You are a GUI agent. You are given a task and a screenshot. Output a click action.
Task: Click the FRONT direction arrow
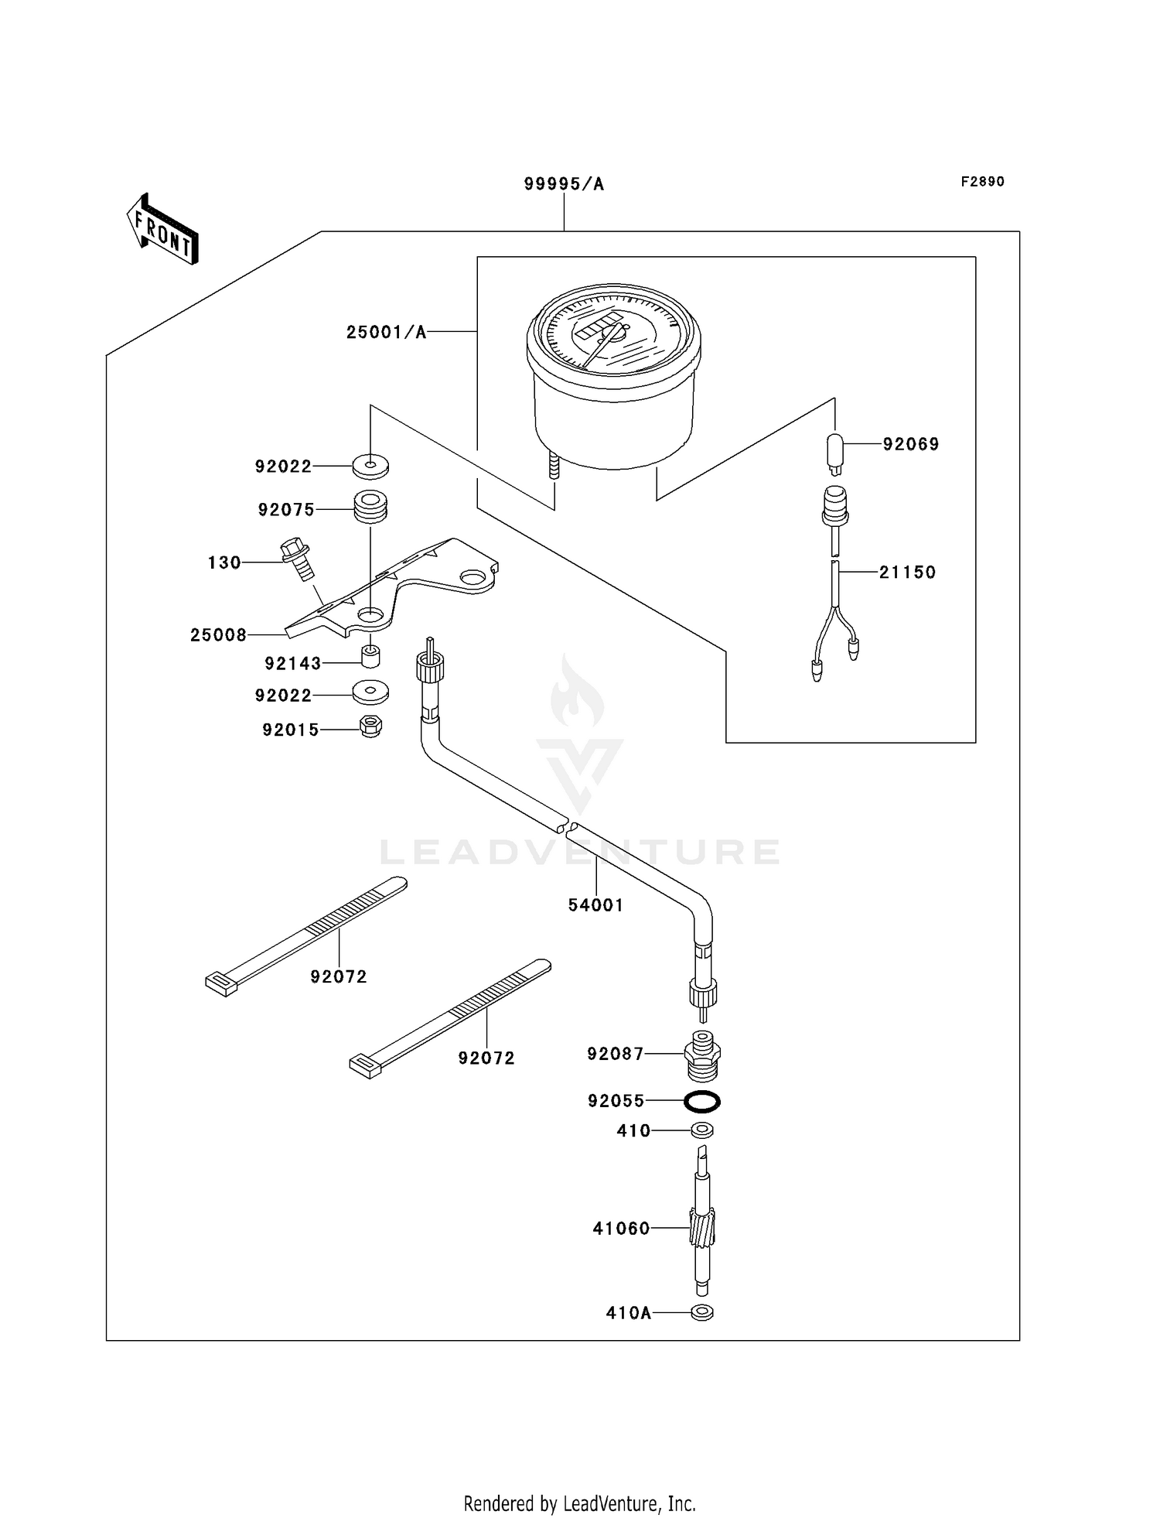pyautogui.click(x=162, y=230)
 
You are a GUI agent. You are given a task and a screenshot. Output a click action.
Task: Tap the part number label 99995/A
pyautogui.click(x=564, y=184)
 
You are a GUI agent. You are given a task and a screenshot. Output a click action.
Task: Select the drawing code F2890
pyautogui.click(x=982, y=182)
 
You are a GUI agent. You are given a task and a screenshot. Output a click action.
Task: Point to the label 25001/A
pyautogui.click(x=386, y=333)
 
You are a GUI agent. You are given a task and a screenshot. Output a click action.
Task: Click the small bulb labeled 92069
pyautogui.click(x=834, y=453)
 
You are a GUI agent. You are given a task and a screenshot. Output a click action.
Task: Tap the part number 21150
pyautogui.click(x=907, y=573)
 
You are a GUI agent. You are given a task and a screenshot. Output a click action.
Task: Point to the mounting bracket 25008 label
pyautogui.click(x=218, y=635)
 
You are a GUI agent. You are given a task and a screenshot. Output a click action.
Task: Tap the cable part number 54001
pyautogui.click(x=595, y=905)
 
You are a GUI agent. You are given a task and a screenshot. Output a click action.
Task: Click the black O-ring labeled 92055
pyautogui.click(x=702, y=1100)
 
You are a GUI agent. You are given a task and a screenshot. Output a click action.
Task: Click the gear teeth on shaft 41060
pyautogui.click(x=701, y=1228)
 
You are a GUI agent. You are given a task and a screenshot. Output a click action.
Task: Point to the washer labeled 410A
pyautogui.click(x=702, y=1313)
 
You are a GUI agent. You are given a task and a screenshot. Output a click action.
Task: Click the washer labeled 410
pyautogui.click(x=702, y=1130)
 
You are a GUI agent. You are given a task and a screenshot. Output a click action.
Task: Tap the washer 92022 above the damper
pyautogui.click(x=370, y=466)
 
